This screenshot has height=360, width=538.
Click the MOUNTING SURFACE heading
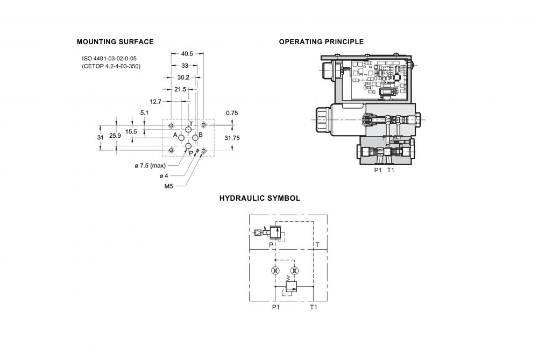(115, 42)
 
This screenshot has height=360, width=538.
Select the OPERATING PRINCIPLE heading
(321, 42)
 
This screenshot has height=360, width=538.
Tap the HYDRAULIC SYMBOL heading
(260, 199)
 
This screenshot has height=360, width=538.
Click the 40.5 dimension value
(187, 53)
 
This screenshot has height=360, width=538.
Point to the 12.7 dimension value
(155, 102)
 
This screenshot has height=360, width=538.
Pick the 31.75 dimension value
(232, 138)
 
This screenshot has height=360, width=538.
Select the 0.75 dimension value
(232, 113)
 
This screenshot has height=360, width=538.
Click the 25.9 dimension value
(115, 136)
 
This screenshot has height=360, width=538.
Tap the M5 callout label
(168, 186)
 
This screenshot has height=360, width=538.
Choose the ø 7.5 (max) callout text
(150, 166)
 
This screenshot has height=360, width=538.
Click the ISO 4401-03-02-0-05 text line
(109, 59)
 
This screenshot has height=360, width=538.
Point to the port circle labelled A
(181, 138)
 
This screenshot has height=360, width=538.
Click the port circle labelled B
(195, 138)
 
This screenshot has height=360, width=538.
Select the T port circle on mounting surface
(188, 129)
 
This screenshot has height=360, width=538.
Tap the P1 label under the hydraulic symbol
(276, 307)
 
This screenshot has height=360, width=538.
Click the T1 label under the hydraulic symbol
(314, 307)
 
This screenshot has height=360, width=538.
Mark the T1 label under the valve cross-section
(391, 170)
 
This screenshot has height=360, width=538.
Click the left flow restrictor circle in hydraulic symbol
(274, 271)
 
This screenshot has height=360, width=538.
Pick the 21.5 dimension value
(180, 89)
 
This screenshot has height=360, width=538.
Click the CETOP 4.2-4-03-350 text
(111, 66)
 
